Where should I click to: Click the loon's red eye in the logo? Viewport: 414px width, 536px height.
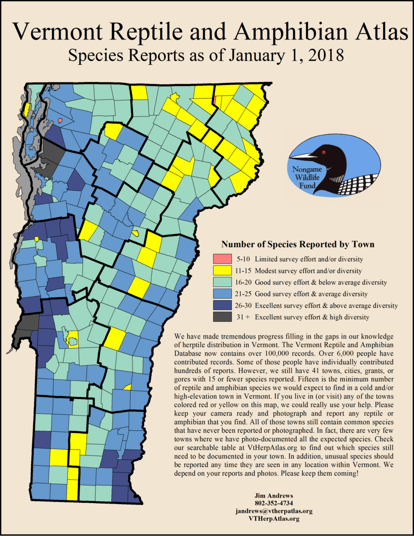pyautogui.click(x=324, y=152)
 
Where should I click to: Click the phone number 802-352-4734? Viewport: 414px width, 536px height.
pyautogui.click(x=274, y=503)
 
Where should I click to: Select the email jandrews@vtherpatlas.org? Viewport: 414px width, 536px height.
pyautogui.click(x=274, y=511)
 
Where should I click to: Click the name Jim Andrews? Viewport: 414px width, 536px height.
pyautogui.click(x=274, y=496)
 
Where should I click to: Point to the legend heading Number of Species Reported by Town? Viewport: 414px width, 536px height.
pyautogui.click(x=298, y=244)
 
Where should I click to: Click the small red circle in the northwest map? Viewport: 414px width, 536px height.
pyautogui.click(x=60, y=120)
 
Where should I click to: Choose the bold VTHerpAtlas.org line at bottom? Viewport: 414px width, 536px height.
pyautogui.click(x=274, y=519)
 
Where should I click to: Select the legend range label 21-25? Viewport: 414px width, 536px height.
pyautogui.click(x=243, y=294)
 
